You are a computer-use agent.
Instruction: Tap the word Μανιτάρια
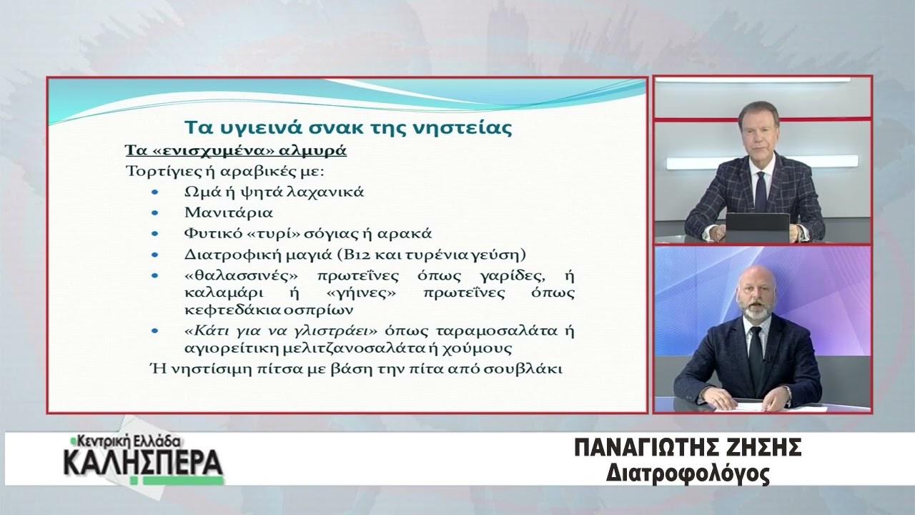click(x=228, y=212)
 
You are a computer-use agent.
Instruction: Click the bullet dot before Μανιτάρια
click(x=154, y=212)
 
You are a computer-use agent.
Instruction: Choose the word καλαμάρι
click(x=224, y=293)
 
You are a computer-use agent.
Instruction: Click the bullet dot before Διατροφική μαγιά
click(x=154, y=255)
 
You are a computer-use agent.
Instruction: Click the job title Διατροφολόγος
click(x=688, y=474)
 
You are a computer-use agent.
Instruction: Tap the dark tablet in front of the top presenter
click(x=757, y=227)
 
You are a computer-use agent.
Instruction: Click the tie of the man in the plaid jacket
click(x=761, y=192)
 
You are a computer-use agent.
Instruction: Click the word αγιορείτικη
click(x=231, y=348)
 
